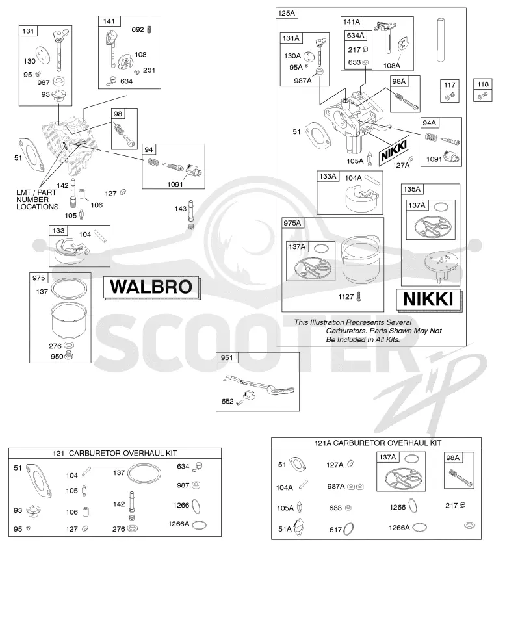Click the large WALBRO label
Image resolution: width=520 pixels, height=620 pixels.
[x=151, y=287]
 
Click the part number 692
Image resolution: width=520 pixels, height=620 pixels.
[x=138, y=29]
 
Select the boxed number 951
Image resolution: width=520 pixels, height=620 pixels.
[x=227, y=357]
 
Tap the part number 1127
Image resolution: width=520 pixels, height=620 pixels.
[x=346, y=296]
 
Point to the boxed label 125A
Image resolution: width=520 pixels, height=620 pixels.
[x=287, y=13]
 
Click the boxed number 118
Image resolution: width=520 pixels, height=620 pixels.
[x=483, y=84]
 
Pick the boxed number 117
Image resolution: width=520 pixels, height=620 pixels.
[x=450, y=84]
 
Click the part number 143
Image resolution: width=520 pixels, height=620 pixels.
[x=180, y=209]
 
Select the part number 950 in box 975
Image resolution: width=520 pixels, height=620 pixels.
[x=57, y=356]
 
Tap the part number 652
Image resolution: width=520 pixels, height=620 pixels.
[x=227, y=401]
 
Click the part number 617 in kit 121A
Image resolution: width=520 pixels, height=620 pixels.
[x=335, y=530]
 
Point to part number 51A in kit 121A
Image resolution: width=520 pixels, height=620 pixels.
[x=285, y=528]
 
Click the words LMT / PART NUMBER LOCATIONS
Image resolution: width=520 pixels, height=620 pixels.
[x=37, y=200]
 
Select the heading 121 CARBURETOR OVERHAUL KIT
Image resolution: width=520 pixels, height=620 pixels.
[x=114, y=453]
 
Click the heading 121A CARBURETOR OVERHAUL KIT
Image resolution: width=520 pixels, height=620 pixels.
[x=378, y=443]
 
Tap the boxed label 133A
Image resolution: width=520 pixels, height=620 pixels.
[x=328, y=176]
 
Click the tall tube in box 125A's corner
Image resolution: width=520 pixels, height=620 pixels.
[x=441, y=40]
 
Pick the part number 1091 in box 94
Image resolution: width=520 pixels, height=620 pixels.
[x=175, y=184]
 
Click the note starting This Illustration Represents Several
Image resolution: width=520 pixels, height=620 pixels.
[x=368, y=331]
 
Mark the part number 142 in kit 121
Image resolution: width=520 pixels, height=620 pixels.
[x=119, y=504]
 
